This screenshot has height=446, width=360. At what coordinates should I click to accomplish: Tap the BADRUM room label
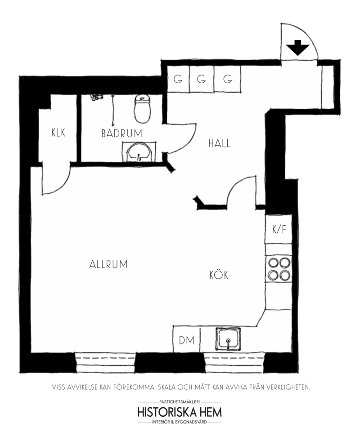click(x=121, y=134)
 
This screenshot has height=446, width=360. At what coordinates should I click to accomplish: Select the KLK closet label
click(x=58, y=133)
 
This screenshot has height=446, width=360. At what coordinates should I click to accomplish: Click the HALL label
click(x=220, y=143)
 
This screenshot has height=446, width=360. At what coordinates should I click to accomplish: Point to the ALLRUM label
click(x=108, y=264)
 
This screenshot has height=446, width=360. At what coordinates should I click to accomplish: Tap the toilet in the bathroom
click(x=142, y=109)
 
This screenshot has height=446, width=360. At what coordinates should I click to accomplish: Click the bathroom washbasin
click(x=139, y=152)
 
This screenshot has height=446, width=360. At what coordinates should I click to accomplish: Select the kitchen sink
click(x=228, y=339)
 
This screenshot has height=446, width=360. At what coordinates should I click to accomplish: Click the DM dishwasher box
click(x=186, y=339)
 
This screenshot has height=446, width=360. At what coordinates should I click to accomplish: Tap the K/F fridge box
click(x=278, y=229)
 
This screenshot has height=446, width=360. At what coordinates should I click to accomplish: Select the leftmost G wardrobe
click(x=178, y=79)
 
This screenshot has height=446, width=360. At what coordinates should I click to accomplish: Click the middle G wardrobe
click(x=202, y=79)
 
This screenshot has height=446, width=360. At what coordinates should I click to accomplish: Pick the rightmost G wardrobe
click(x=227, y=79)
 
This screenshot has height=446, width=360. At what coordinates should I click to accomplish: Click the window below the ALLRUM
click(x=105, y=363)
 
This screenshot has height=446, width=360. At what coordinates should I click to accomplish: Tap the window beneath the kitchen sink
click(x=234, y=363)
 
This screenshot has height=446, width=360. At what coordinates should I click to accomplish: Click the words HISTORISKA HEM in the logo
click(x=180, y=412)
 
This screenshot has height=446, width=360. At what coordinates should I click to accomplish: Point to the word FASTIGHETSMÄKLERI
click(x=180, y=402)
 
